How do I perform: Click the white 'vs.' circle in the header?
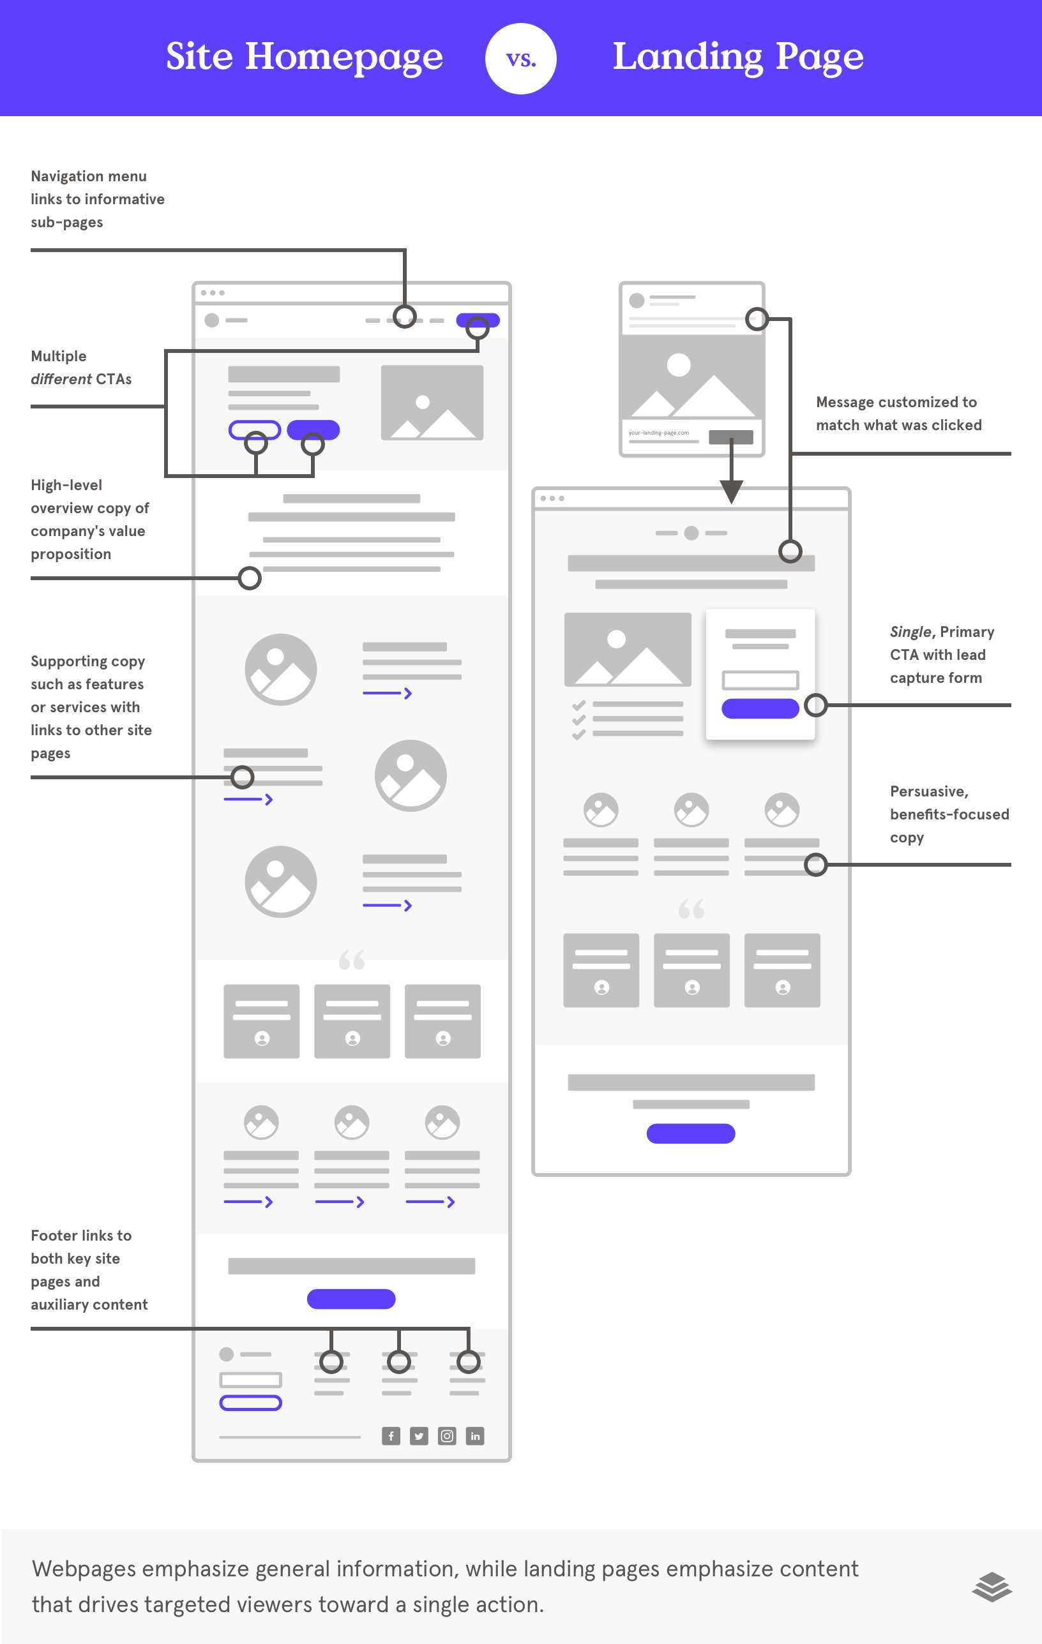point(520,59)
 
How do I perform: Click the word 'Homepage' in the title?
point(344,57)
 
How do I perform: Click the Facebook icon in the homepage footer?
point(391,1436)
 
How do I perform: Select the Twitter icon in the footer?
point(419,1436)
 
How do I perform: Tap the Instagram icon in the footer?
point(446,1436)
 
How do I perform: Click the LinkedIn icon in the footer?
point(474,1436)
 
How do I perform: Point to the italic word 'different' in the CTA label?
point(61,379)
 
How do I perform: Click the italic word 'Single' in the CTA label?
point(910,632)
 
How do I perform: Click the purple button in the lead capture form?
point(759,708)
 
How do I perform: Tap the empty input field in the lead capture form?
point(759,680)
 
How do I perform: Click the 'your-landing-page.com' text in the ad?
point(658,433)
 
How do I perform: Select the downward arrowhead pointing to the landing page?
point(730,491)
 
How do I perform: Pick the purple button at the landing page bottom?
point(690,1133)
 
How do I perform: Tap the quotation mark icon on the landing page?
point(691,909)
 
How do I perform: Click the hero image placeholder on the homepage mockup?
point(432,402)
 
